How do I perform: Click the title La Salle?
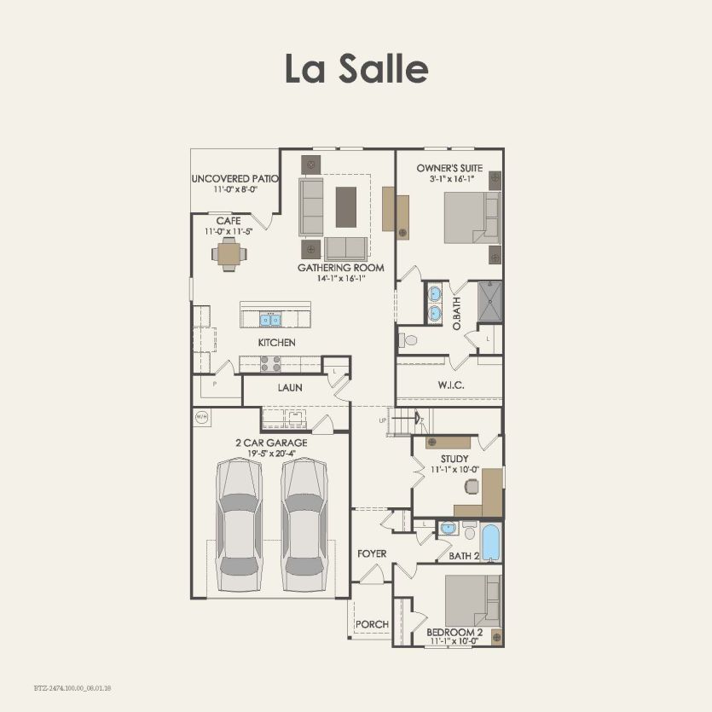click(x=356, y=68)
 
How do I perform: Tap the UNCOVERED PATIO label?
click(x=235, y=179)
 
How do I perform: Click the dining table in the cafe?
click(x=229, y=253)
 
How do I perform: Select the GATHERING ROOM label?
click(x=340, y=268)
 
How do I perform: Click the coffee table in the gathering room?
click(x=345, y=206)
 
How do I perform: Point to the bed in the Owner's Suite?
click(x=472, y=217)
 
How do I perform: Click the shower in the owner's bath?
click(x=490, y=301)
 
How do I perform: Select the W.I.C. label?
click(x=451, y=385)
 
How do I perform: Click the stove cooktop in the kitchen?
click(x=270, y=363)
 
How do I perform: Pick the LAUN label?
click(x=290, y=388)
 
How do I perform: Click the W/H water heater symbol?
click(x=202, y=417)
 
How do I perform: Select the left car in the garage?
click(x=239, y=524)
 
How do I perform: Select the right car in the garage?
click(x=304, y=524)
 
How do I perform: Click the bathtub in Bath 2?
click(x=490, y=541)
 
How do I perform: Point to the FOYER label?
click(x=372, y=553)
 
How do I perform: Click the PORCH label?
click(x=372, y=624)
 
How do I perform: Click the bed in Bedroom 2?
click(x=472, y=599)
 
